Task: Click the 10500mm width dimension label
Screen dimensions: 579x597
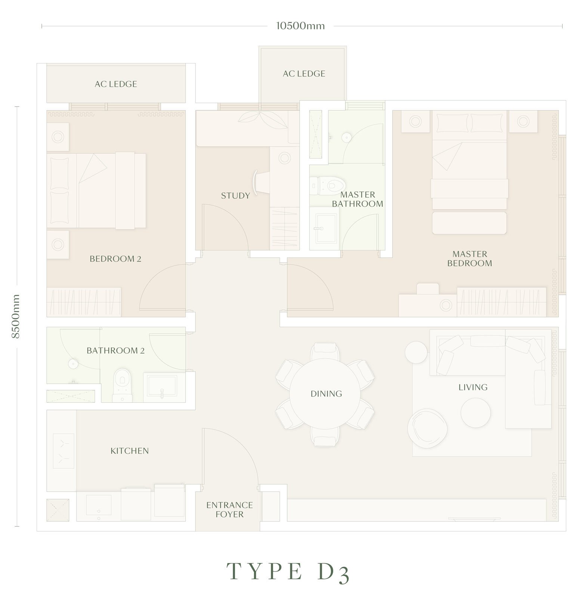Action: coord(300,26)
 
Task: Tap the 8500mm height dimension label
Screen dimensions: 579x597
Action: coord(15,316)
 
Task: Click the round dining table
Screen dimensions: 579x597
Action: coord(325,394)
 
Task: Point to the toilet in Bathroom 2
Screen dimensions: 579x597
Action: coord(122,384)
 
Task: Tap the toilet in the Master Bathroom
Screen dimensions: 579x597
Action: coord(327,185)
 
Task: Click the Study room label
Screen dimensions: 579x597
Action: coord(235,196)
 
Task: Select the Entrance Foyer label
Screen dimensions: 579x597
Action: coord(229,510)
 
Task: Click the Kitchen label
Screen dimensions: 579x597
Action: coord(130,451)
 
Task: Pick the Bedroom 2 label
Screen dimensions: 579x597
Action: coord(115,259)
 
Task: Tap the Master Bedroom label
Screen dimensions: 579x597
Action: coord(470,259)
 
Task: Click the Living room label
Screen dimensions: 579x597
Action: coord(473,387)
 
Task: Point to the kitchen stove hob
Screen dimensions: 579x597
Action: coord(64,451)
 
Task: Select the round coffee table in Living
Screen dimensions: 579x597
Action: coord(476,413)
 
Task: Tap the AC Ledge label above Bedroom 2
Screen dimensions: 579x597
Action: coord(116,84)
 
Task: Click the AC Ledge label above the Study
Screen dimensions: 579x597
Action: coord(304,74)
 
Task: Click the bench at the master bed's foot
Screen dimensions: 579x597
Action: coord(469,223)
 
